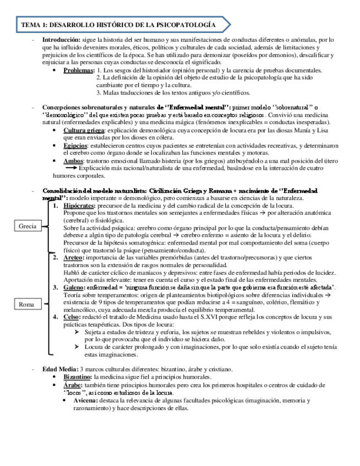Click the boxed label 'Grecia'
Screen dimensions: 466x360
[28, 226]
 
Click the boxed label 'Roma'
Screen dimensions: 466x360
[27, 304]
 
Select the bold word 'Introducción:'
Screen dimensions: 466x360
[61, 40]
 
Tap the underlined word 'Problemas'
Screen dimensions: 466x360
[79, 70]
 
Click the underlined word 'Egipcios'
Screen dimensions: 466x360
[75, 145]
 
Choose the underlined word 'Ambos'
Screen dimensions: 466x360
[73, 160]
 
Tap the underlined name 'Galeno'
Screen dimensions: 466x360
[74, 287]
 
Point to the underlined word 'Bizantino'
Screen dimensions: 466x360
[77, 377]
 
